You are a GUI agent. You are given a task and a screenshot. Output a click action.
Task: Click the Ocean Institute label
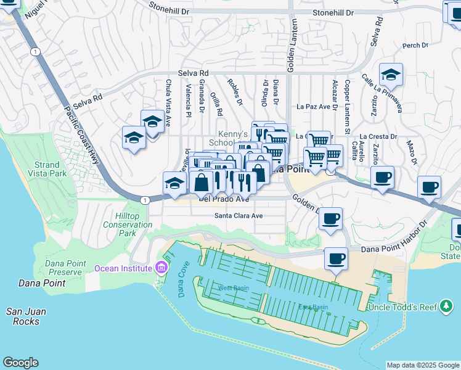pyautogui.click(x=123, y=268)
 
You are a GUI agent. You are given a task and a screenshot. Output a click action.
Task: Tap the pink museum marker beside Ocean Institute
pyautogui.click(x=161, y=268)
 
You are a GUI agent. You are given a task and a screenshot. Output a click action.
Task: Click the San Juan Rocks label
pyautogui.click(x=23, y=316)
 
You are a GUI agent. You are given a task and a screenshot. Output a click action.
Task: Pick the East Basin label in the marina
pyautogui.click(x=313, y=307)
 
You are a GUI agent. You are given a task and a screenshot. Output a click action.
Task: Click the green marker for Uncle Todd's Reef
pyautogui.click(x=446, y=307)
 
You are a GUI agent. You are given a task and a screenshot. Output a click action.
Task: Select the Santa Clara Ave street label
pyautogui.click(x=239, y=216)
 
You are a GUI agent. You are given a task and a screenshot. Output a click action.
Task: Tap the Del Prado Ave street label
pyautogui.click(x=223, y=199)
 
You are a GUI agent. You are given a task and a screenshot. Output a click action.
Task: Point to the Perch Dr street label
pyautogui.click(x=415, y=46)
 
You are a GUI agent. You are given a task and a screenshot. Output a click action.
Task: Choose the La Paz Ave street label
pyautogui.click(x=314, y=106)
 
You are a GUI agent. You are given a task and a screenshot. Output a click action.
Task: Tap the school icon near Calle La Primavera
pyautogui.click(x=391, y=75)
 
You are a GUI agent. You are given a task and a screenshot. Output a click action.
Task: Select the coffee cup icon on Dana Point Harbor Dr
pyautogui.click(x=336, y=258)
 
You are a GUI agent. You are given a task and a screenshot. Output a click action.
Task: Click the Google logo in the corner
pyautogui.click(x=20, y=363)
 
